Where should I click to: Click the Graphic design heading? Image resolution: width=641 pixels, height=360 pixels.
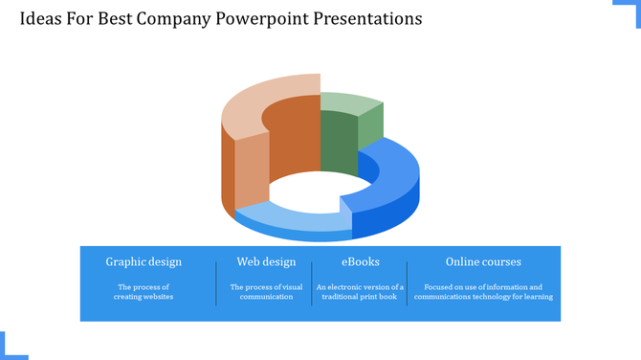[x=144, y=261]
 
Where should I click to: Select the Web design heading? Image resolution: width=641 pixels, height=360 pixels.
[x=266, y=261]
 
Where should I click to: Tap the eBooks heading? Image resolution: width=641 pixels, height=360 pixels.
[x=361, y=261]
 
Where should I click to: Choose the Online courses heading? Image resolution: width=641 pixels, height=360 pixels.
[x=483, y=261]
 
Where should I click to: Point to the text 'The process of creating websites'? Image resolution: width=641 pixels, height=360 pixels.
[x=144, y=292]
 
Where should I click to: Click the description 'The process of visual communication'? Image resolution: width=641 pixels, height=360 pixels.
[x=266, y=292]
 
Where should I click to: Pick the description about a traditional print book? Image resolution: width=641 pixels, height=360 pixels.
[x=361, y=292]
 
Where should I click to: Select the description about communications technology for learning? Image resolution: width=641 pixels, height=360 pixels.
[x=483, y=292]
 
